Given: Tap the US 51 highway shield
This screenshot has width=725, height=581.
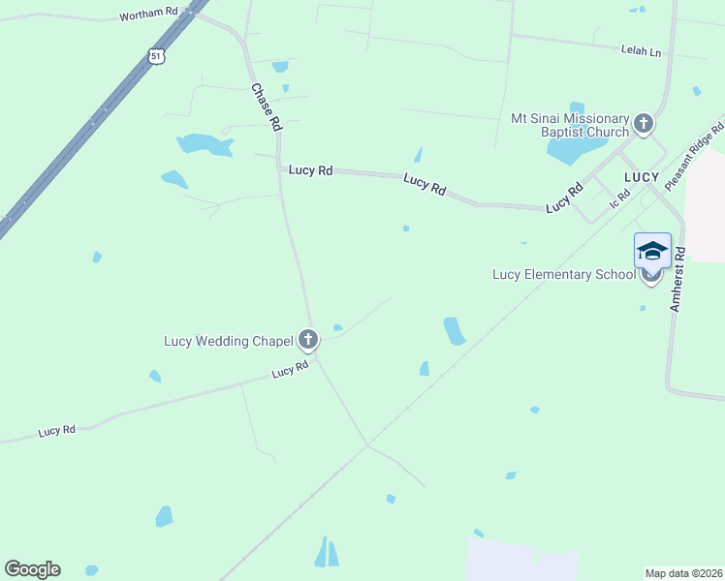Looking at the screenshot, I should (x=157, y=57).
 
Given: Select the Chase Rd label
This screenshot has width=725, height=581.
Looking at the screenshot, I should (x=267, y=107).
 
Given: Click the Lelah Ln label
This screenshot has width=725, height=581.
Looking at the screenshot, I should (x=641, y=49).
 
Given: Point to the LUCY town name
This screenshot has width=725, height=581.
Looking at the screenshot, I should (x=642, y=177).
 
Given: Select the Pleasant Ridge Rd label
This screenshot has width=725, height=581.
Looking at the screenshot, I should (x=694, y=156).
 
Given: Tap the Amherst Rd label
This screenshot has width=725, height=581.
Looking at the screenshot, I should (x=678, y=279).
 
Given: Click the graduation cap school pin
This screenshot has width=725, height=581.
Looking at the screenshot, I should (x=652, y=251).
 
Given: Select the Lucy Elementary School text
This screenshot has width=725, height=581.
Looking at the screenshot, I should (x=563, y=274).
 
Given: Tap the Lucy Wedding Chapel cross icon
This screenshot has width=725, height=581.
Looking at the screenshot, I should (x=308, y=339).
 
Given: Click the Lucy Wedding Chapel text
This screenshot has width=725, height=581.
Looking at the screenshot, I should (x=229, y=340).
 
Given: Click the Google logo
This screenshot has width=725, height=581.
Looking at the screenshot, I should (x=33, y=569).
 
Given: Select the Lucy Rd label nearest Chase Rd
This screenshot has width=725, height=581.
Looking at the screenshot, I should (x=311, y=170).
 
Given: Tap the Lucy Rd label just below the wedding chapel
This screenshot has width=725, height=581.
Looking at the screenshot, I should (x=290, y=371).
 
